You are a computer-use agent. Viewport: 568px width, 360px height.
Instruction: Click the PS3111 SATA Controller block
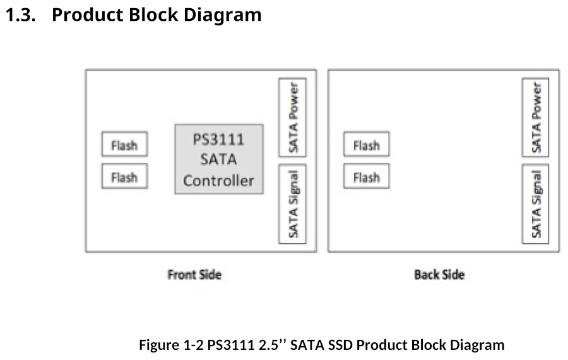click(x=218, y=159)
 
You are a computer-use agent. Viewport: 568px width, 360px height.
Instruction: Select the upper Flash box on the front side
click(x=124, y=145)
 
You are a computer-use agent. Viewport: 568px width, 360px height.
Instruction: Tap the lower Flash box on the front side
click(x=124, y=177)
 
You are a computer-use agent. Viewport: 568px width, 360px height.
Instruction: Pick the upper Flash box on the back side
click(x=366, y=145)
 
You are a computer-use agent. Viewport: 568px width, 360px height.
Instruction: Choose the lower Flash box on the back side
click(x=366, y=177)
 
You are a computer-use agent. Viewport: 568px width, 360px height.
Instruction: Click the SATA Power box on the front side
click(x=292, y=118)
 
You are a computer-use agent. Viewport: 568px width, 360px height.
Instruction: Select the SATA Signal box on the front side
click(x=292, y=204)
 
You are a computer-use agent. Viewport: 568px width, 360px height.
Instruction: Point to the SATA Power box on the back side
click(x=535, y=118)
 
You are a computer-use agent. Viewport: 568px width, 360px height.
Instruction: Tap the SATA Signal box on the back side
click(x=535, y=204)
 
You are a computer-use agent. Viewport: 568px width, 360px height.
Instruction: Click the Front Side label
click(x=194, y=275)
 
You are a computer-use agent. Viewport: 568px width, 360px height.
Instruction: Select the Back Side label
click(x=439, y=275)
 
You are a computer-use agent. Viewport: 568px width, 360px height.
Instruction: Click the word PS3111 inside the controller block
click(x=218, y=139)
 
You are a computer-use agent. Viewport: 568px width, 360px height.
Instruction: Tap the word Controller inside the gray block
click(x=218, y=181)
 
